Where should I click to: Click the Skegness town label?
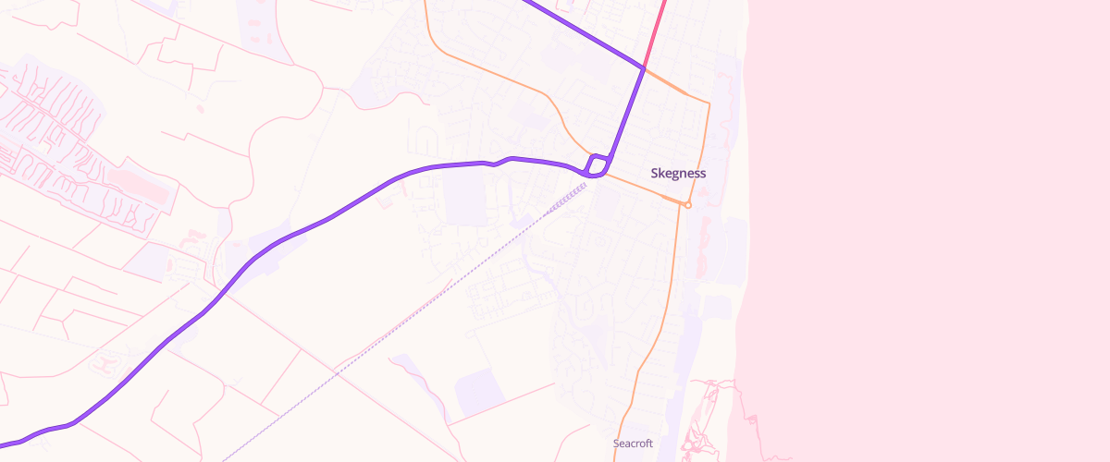pos(678,173)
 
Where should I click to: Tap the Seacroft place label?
pos(633,444)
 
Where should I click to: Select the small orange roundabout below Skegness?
pos(687,204)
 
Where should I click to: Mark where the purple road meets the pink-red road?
pos(644,67)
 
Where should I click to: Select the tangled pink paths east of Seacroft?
pos(708,416)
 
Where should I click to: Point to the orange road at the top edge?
pos(425,5)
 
